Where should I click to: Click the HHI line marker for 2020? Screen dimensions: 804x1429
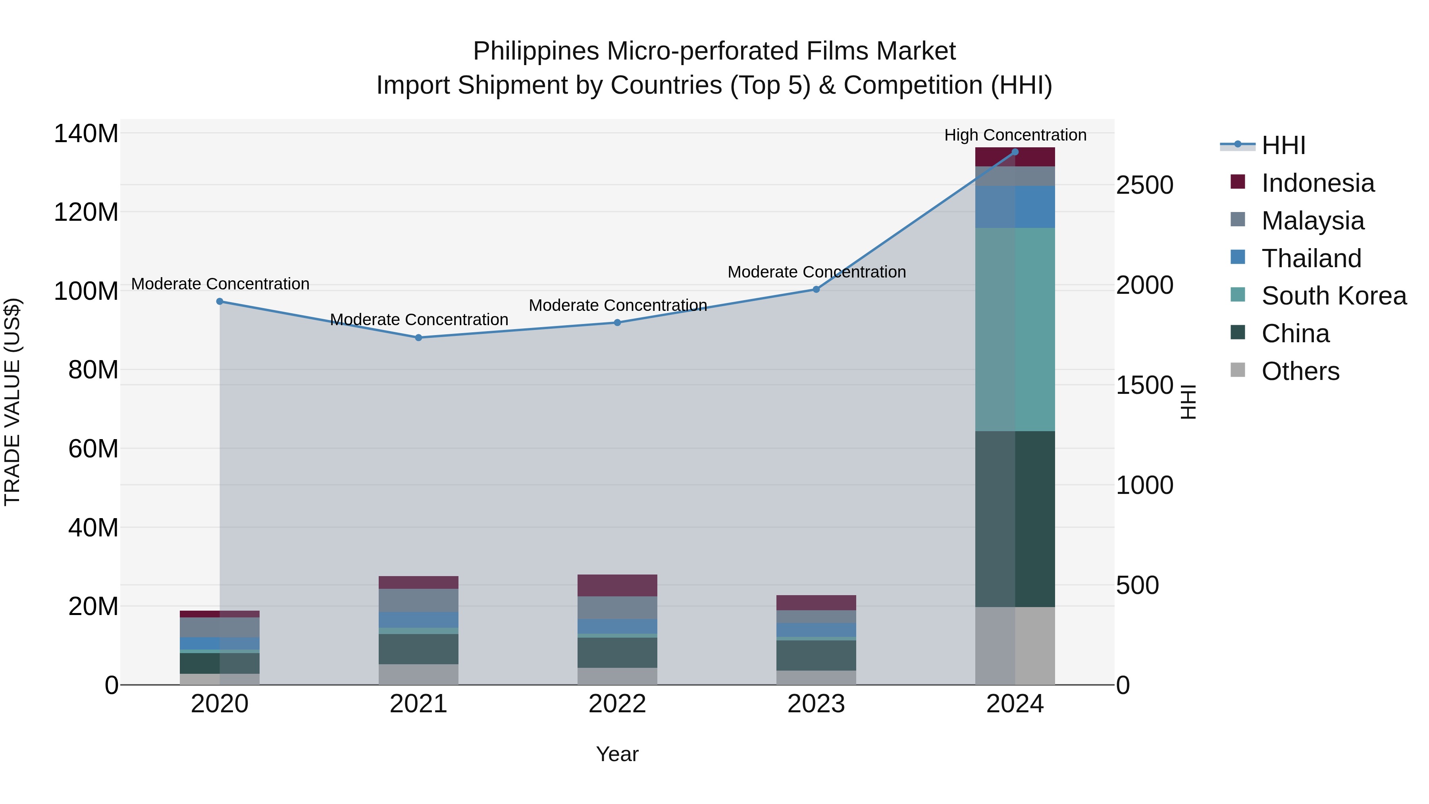(220, 301)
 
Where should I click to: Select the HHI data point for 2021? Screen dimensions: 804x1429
(418, 337)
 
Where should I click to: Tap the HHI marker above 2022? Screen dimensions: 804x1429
(617, 322)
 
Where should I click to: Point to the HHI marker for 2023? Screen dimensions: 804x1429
(816, 289)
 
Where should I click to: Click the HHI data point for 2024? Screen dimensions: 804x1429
(1015, 152)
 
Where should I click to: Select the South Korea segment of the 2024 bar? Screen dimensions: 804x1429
(1015, 329)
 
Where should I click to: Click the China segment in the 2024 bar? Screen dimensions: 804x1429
(1015, 519)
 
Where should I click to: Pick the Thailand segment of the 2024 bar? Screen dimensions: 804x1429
(1015, 206)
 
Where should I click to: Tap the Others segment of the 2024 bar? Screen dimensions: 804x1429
(1015, 646)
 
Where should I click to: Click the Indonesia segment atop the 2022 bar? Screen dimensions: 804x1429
(617, 585)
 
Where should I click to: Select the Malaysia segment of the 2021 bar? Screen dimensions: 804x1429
(418, 600)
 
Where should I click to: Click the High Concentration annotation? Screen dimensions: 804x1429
(1015, 135)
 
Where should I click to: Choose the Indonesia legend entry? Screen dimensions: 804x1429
(1317, 183)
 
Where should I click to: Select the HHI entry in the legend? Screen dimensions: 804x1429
(1283, 145)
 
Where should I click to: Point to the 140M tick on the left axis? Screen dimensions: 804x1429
(86, 134)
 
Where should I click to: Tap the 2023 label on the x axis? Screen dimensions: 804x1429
(816, 704)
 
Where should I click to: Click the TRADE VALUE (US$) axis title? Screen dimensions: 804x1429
(12, 402)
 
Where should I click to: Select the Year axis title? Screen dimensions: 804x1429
(617, 754)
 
